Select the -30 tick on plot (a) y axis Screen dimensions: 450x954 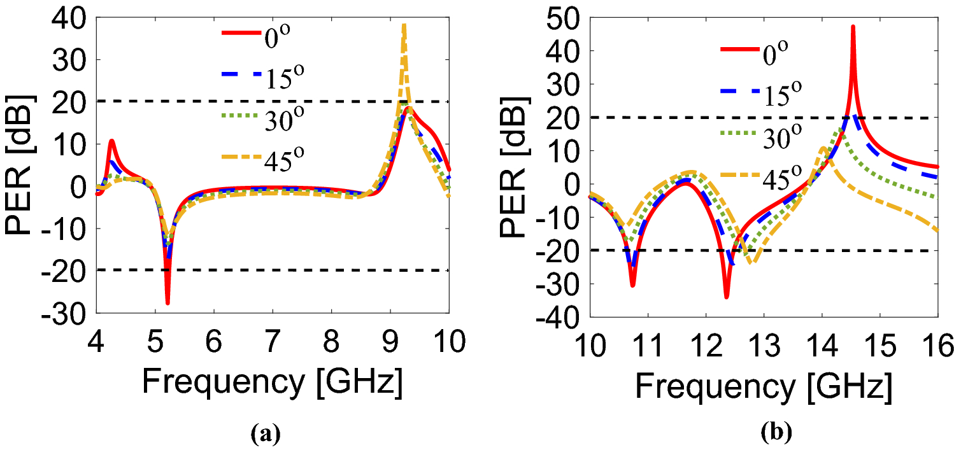coord(62,312)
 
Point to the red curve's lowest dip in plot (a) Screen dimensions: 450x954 coord(167,303)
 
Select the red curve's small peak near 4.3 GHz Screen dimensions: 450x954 coord(111,141)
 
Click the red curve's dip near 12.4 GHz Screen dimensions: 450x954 coord(726,297)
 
